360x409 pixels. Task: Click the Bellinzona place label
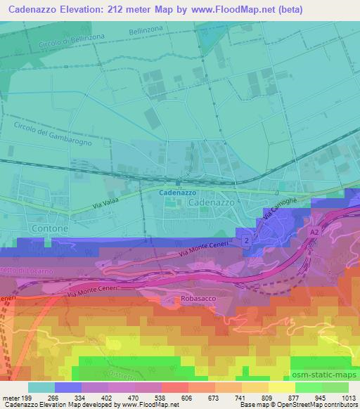(146, 32)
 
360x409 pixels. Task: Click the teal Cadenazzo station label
(177, 192)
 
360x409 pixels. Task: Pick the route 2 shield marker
(247, 241)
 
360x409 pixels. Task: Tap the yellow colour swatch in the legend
(281, 387)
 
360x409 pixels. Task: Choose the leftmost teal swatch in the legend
(41, 387)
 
